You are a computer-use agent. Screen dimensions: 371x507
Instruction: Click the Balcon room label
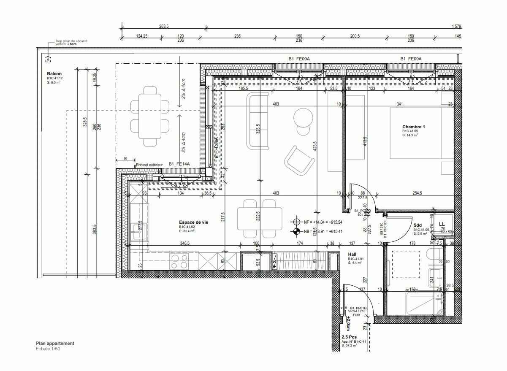54,74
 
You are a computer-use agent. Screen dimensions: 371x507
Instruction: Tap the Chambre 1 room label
413,127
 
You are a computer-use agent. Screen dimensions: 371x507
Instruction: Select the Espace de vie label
193,222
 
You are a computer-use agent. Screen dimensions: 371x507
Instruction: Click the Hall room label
352,254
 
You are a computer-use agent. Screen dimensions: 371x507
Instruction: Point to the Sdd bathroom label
418,225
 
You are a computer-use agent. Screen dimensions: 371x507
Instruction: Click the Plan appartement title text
55,343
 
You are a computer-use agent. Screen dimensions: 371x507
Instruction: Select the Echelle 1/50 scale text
48,349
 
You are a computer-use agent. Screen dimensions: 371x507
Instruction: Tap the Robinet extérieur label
149,164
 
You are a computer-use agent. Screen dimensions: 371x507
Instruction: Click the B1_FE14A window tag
179,164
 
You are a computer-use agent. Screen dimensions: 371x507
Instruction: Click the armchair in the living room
299,160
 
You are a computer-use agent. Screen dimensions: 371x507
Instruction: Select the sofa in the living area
258,121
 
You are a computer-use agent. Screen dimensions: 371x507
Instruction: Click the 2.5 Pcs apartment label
349,337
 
